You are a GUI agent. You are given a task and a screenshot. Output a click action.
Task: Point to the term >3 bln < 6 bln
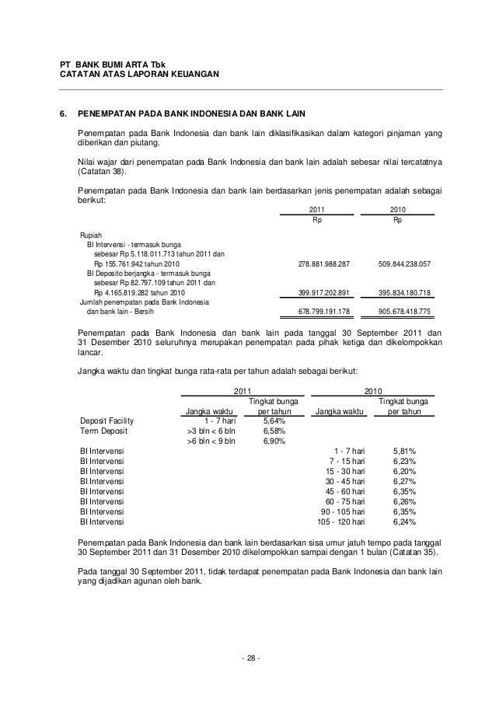(x=211, y=431)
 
